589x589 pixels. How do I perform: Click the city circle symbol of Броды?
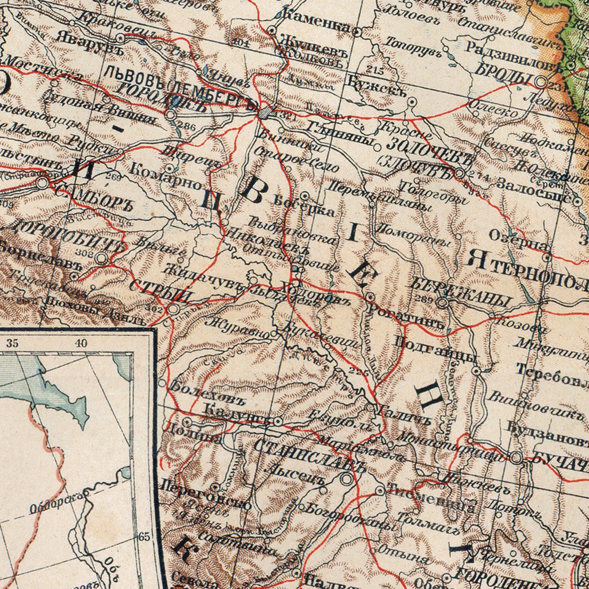540,82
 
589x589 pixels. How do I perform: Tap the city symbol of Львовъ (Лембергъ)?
263,112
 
